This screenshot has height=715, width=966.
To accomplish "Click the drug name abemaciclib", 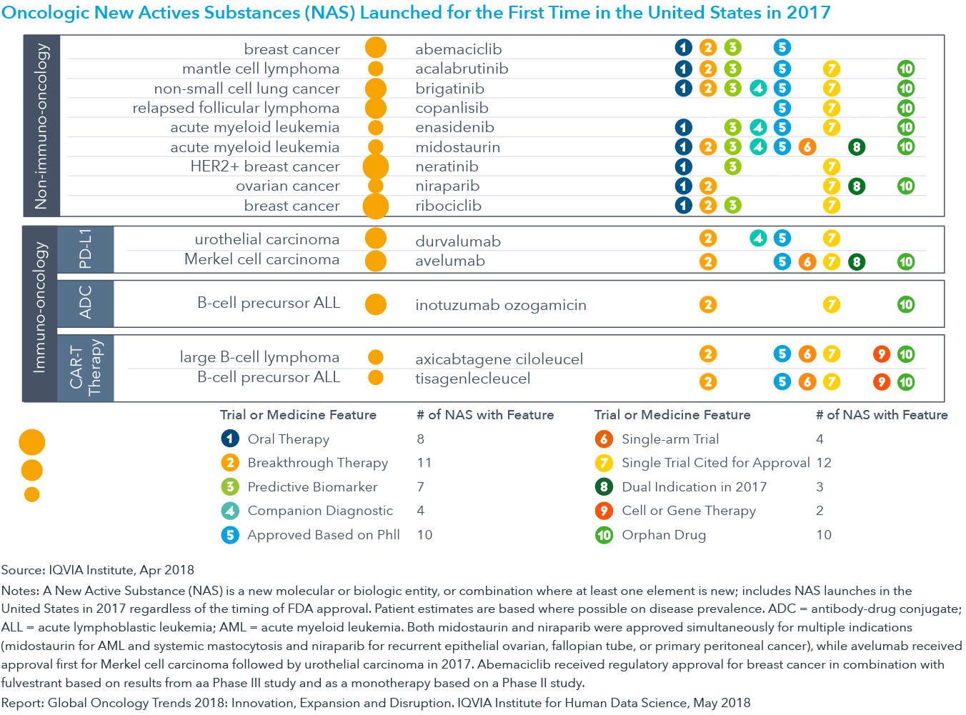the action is [x=458, y=49].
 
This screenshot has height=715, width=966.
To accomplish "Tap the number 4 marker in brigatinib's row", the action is [x=758, y=89].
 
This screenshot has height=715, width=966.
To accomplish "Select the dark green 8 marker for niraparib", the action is [x=856, y=186].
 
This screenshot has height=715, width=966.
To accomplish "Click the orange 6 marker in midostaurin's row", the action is [x=807, y=147].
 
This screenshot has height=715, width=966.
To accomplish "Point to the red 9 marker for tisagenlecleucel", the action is [x=882, y=382].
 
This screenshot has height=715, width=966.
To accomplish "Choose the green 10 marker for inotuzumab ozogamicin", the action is [x=906, y=304].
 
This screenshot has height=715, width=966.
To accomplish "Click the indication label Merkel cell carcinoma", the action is [x=262, y=259].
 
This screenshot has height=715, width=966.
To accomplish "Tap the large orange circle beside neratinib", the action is [x=375, y=166].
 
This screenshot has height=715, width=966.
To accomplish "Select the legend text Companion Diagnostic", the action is [x=320, y=510].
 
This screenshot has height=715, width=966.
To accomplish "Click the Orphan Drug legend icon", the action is [x=604, y=535].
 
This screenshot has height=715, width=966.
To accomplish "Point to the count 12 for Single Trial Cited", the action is [x=824, y=462].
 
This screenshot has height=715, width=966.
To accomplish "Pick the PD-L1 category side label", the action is [x=85, y=249].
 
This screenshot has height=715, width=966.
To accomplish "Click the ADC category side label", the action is [x=85, y=303].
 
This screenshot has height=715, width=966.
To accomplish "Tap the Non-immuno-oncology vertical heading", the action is [x=41, y=126].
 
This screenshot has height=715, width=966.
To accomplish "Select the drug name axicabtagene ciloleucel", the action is [x=499, y=359].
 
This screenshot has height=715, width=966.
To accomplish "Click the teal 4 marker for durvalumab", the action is [x=758, y=238].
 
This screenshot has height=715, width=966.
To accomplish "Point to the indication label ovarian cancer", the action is [x=287, y=186].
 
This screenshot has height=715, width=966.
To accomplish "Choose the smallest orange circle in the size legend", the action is [x=31, y=495].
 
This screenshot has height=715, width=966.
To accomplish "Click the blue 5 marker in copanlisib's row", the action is [x=782, y=108].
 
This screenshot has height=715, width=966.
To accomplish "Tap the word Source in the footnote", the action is [x=23, y=570].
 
